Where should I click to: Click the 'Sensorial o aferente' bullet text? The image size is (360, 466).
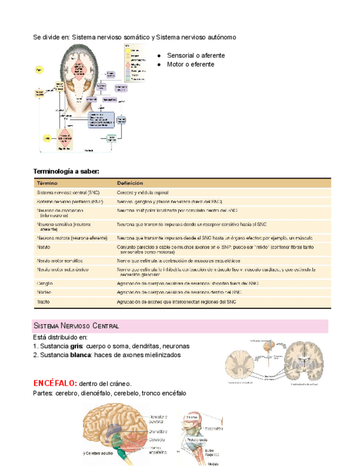196,56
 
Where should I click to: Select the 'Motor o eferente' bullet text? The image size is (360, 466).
190,64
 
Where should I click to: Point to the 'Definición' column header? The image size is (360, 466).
130,182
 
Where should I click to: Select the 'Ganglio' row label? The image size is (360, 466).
45,283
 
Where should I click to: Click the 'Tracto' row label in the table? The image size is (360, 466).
44,302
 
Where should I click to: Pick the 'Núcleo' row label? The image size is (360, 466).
44,292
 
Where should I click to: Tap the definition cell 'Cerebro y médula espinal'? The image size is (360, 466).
142,193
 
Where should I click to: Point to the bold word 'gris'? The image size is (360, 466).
76,346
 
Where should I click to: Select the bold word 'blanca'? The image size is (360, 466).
80,355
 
